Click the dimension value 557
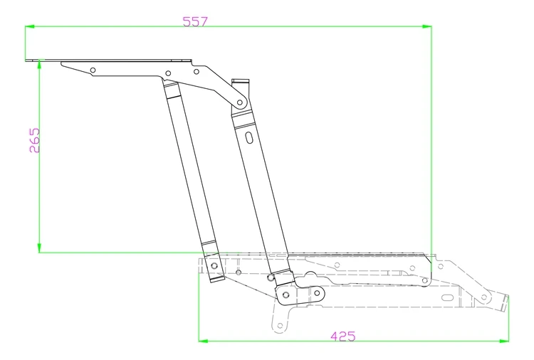[194, 21]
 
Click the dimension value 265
[35, 142]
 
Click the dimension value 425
[342, 335]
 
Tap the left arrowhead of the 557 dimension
[29, 27]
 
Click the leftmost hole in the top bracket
[93, 70]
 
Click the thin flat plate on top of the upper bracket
[114, 60]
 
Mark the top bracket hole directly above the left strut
[168, 73]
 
